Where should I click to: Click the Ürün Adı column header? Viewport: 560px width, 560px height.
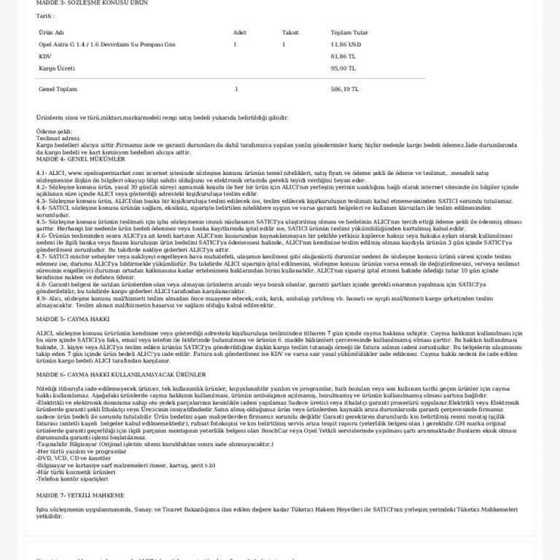pyautogui.click(x=51, y=33)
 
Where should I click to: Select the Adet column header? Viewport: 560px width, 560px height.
pyautogui.click(x=239, y=33)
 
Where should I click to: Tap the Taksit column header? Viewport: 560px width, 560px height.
pyautogui.click(x=290, y=33)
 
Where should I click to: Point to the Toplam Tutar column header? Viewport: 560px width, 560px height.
pyautogui.click(x=349, y=33)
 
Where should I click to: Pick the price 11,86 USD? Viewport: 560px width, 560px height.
pyautogui.click(x=346, y=44)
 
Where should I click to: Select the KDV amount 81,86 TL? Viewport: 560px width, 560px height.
pyautogui.click(x=343, y=56)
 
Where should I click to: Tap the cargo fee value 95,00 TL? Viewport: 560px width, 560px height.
pyautogui.click(x=343, y=68)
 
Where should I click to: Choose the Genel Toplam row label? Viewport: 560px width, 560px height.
pyautogui.click(x=58, y=89)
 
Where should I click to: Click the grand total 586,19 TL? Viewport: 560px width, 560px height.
pyautogui.click(x=344, y=89)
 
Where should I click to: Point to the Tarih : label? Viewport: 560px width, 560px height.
pyautogui.click(x=44, y=15)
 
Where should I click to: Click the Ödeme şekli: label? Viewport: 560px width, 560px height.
pyautogui.click(x=54, y=131)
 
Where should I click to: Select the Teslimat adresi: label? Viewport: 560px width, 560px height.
pyautogui.click(x=58, y=137)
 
